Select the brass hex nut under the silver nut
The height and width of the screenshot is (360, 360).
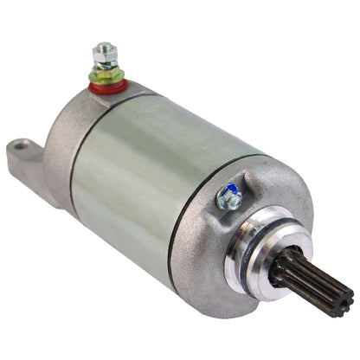106,71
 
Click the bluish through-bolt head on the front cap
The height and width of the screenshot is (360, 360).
230,198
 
